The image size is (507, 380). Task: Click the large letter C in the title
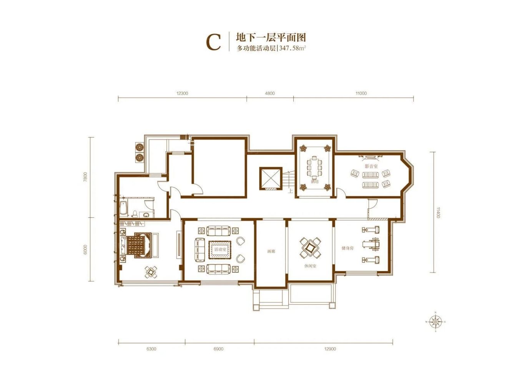click(x=214, y=42)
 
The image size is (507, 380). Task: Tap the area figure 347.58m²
click(x=293, y=48)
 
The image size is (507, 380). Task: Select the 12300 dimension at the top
click(x=182, y=93)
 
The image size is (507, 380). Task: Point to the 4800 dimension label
click(x=270, y=93)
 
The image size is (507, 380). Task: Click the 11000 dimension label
click(x=361, y=93)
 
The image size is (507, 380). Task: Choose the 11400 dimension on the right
click(x=438, y=212)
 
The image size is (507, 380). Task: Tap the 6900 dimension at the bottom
click(x=218, y=349)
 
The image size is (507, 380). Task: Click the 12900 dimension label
click(x=330, y=349)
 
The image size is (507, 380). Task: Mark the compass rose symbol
click(x=435, y=322)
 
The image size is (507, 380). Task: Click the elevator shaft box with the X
click(x=271, y=178)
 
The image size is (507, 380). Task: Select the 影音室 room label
click(x=371, y=166)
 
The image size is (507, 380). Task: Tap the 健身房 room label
click(x=347, y=248)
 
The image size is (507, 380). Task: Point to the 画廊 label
click(x=271, y=251)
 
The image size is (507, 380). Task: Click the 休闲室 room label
click(x=310, y=266)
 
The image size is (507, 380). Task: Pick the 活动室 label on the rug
click(x=220, y=250)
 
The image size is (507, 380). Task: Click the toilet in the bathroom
click(x=135, y=214)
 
